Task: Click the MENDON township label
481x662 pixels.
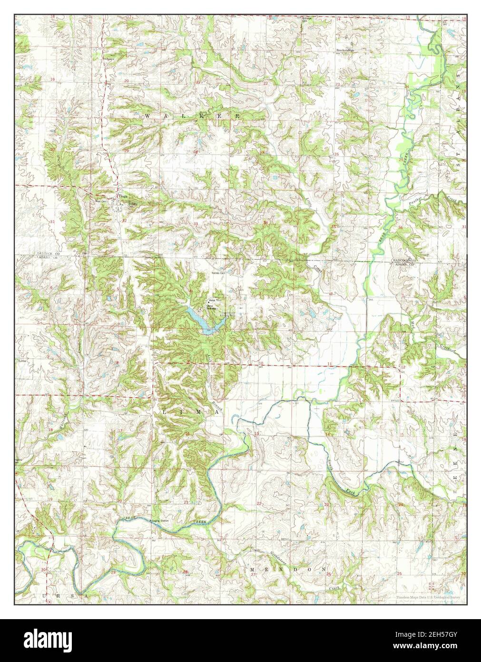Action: coord(288,570)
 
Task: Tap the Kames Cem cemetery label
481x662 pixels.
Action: coord(218,273)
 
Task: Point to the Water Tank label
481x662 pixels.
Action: coord(213,300)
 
